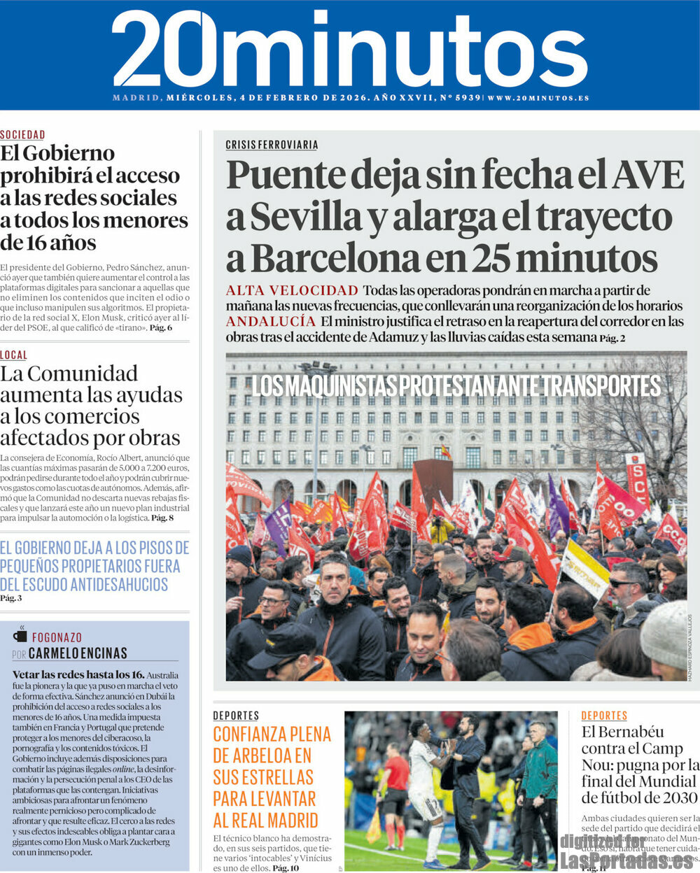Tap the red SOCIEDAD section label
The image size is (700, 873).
point(22,135)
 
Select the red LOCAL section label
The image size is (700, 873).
point(14,355)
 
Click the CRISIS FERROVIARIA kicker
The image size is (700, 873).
point(272,145)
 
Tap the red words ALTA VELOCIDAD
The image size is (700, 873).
point(292,290)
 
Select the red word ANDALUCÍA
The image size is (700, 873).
point(271,321)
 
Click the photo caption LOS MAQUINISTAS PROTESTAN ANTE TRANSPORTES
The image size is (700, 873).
point(456,386)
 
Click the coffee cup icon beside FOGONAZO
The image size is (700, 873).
point(20,636)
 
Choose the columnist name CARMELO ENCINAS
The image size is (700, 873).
point(79,653)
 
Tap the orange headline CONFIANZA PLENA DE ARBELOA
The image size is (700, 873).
point(272,776)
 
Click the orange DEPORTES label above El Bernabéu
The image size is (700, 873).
point(604,716)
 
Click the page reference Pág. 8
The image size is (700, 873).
point(162,518)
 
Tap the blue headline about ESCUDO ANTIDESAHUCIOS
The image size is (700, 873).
point(94,565)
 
